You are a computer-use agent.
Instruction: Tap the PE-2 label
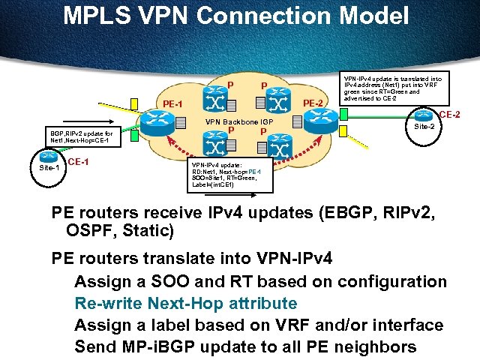click(312, 102)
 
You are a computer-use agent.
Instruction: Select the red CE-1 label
click(79, 162)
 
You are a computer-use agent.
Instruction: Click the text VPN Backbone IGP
click(239, 121)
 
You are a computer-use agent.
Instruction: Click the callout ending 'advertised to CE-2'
click(392, 88)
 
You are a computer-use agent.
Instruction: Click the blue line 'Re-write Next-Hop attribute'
click(186, 303)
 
